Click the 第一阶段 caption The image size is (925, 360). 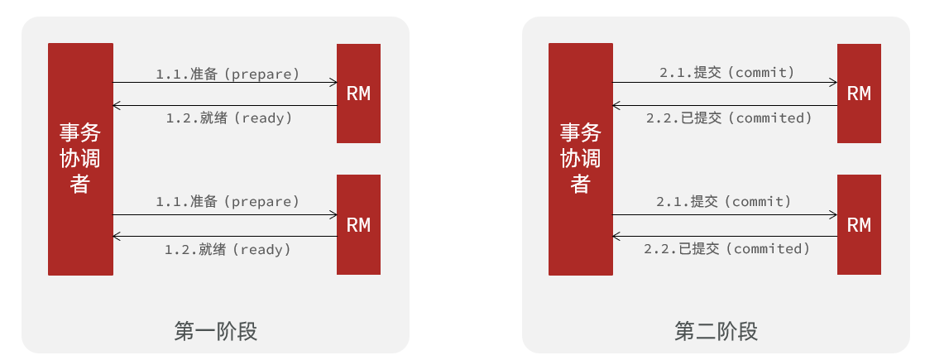pyautogui.click(x=216, y=332)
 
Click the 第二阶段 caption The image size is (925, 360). pyautogui.click(x=716, y=332)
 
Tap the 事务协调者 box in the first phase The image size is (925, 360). pyautogui.click(x=80, y=159)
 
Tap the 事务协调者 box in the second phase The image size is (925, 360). pyautogui.click(x=581, y=159)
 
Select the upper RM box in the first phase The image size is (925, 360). pyautogui.click(x=358, y=94)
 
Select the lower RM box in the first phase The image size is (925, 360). pyautogui.click(x=358, y=224)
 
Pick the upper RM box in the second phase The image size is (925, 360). pyautogui.click(x=859, y=94)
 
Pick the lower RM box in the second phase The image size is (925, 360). pyautogui.click(x=859, y=224)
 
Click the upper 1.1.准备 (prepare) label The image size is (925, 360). pyautogui.click(x=228, y=74)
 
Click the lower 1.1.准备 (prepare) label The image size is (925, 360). pyautogui.click(x=228, y=201)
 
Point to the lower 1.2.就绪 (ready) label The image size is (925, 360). pyautogui.click(x=228, y=248)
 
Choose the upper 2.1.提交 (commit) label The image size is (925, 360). pyautogui.click(x=726, y=73)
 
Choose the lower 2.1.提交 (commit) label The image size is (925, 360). pyautogui.click(x=724, y=201)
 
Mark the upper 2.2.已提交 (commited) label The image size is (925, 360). pyautogui.click(x=729, y=118)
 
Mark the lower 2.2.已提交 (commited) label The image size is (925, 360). pyautogui.click(x=726, y=248)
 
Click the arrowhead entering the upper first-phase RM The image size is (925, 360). pyautogui.click(x=333, y=82)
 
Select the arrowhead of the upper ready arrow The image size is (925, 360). pyautogui.click(x=117, y=106)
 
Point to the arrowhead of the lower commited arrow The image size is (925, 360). pyautogui.click(x=617, y=237)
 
